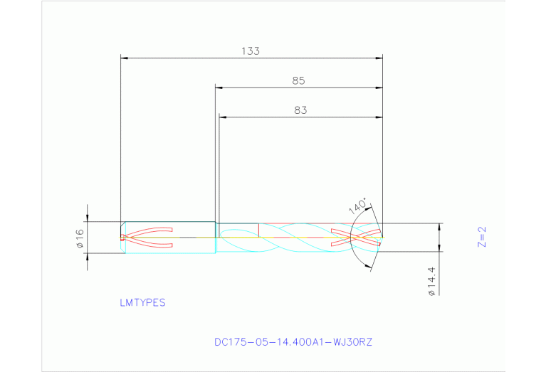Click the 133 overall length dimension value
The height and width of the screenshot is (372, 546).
pos(250,51)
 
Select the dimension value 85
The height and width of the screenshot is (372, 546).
pos(298,81)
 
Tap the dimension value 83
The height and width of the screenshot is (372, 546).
pos(300,110)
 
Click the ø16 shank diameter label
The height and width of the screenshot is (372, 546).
pos(80,238)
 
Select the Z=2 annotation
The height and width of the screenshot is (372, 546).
pos(481,237)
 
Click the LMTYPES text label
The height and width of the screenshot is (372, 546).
pos(142,302)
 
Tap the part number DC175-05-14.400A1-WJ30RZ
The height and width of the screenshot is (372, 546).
pos(293,342)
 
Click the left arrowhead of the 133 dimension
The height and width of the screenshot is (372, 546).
pos(125,58)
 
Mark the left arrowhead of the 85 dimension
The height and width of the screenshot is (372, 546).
pos(219,88)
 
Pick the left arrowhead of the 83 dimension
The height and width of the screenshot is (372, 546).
pos(223,117)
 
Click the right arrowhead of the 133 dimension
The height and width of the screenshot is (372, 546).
pos(379,58)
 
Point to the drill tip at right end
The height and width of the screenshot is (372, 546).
pos(382,237)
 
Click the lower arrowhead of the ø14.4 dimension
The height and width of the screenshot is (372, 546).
pos(439,255)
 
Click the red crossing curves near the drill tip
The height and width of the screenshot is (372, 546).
pos(356,237)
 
